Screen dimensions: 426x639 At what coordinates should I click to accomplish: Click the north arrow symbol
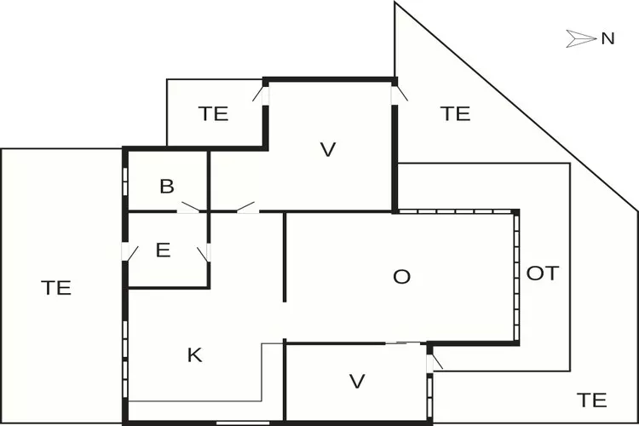click(581, 37)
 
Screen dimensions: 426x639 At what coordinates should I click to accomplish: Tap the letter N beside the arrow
click(607, 37)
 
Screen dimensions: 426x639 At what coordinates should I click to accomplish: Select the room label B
click(167, 187)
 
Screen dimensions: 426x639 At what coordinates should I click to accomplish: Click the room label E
click(164, 250)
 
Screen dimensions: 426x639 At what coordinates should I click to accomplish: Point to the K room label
click(194, 355)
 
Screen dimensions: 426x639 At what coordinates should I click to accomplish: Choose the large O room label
click(401, 276)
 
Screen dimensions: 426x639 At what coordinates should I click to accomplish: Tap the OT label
click(543, 273)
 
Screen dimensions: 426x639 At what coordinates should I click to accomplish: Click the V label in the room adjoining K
click(357, 381)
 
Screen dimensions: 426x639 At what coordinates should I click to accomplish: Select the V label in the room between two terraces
click(328, 150)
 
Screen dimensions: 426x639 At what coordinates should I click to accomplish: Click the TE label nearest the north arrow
click(456, 112)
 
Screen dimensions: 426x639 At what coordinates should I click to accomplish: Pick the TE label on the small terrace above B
click(213, 113)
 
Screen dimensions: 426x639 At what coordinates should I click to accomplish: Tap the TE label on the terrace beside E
click(56, 287)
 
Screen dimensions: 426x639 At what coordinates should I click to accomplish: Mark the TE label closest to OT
click(592, 399)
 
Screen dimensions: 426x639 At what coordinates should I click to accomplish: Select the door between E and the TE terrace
click(130, 252)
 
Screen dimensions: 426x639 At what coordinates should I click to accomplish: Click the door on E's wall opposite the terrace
click(204, 252)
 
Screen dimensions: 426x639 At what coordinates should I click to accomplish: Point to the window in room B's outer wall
click(125, 181)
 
